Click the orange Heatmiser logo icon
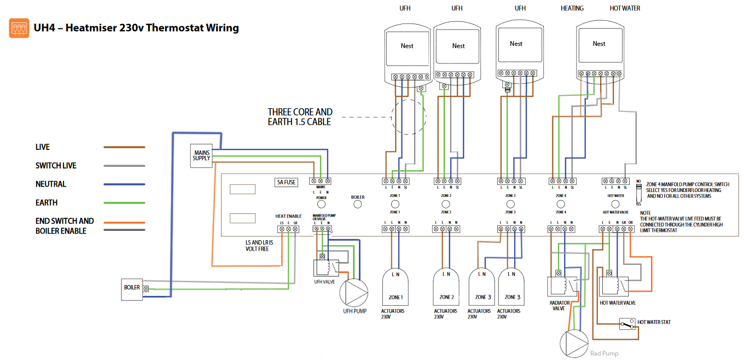click(x=19, y=28)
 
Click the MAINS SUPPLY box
click(x=201, y=155)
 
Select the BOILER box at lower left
click(x=132, y=289)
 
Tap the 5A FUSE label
click(x=286, y=182)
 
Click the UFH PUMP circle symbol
click(x=355, y=293)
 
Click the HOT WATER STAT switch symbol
click(x=627, y=324)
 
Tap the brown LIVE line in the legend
click(x=124, y=147)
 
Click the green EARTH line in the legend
click(x=124, y=203)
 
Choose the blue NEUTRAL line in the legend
click(x=124, y=184)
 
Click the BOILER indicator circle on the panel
click(x=358, y=205)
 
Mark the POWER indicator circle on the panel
click(x=321, y=205)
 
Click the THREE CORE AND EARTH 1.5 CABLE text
click(x=300, y=117)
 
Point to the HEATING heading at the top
click(x=572, y=8)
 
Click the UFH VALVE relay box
click(x=324, y=268)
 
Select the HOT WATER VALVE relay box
click(x=613, y=286)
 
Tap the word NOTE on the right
click(x=645, y=212)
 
